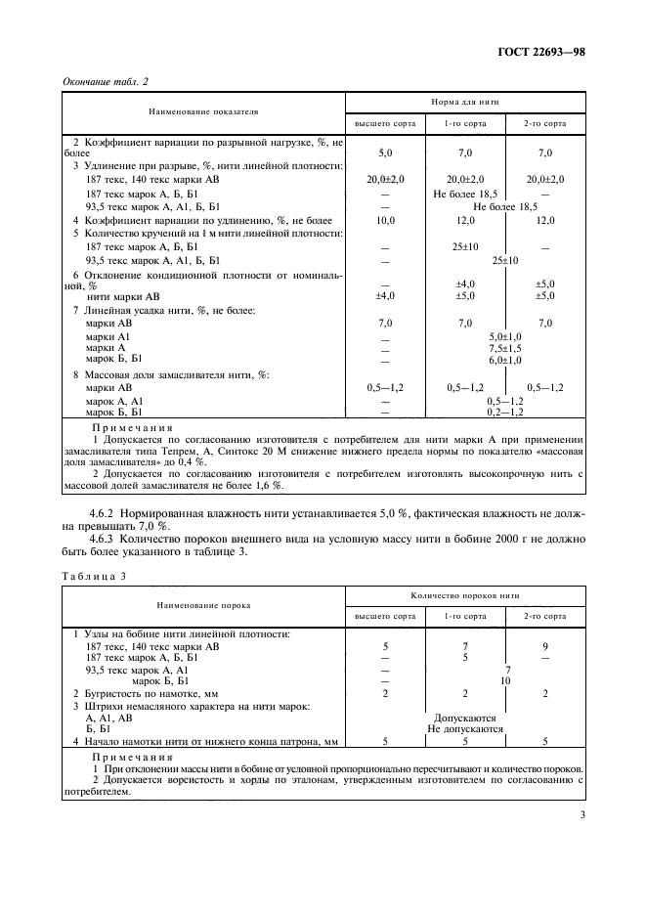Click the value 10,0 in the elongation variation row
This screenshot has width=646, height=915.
tap(384, 221)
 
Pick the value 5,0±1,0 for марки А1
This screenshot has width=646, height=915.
tap(505, 335)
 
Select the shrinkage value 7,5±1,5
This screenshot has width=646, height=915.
tap(505, 348)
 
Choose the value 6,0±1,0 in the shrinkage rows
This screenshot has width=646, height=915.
tap(505, 361)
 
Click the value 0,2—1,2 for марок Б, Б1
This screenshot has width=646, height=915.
tap(505, 414)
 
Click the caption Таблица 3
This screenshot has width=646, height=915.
tap(95, 578)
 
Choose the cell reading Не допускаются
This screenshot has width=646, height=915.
tap(465, 728)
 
